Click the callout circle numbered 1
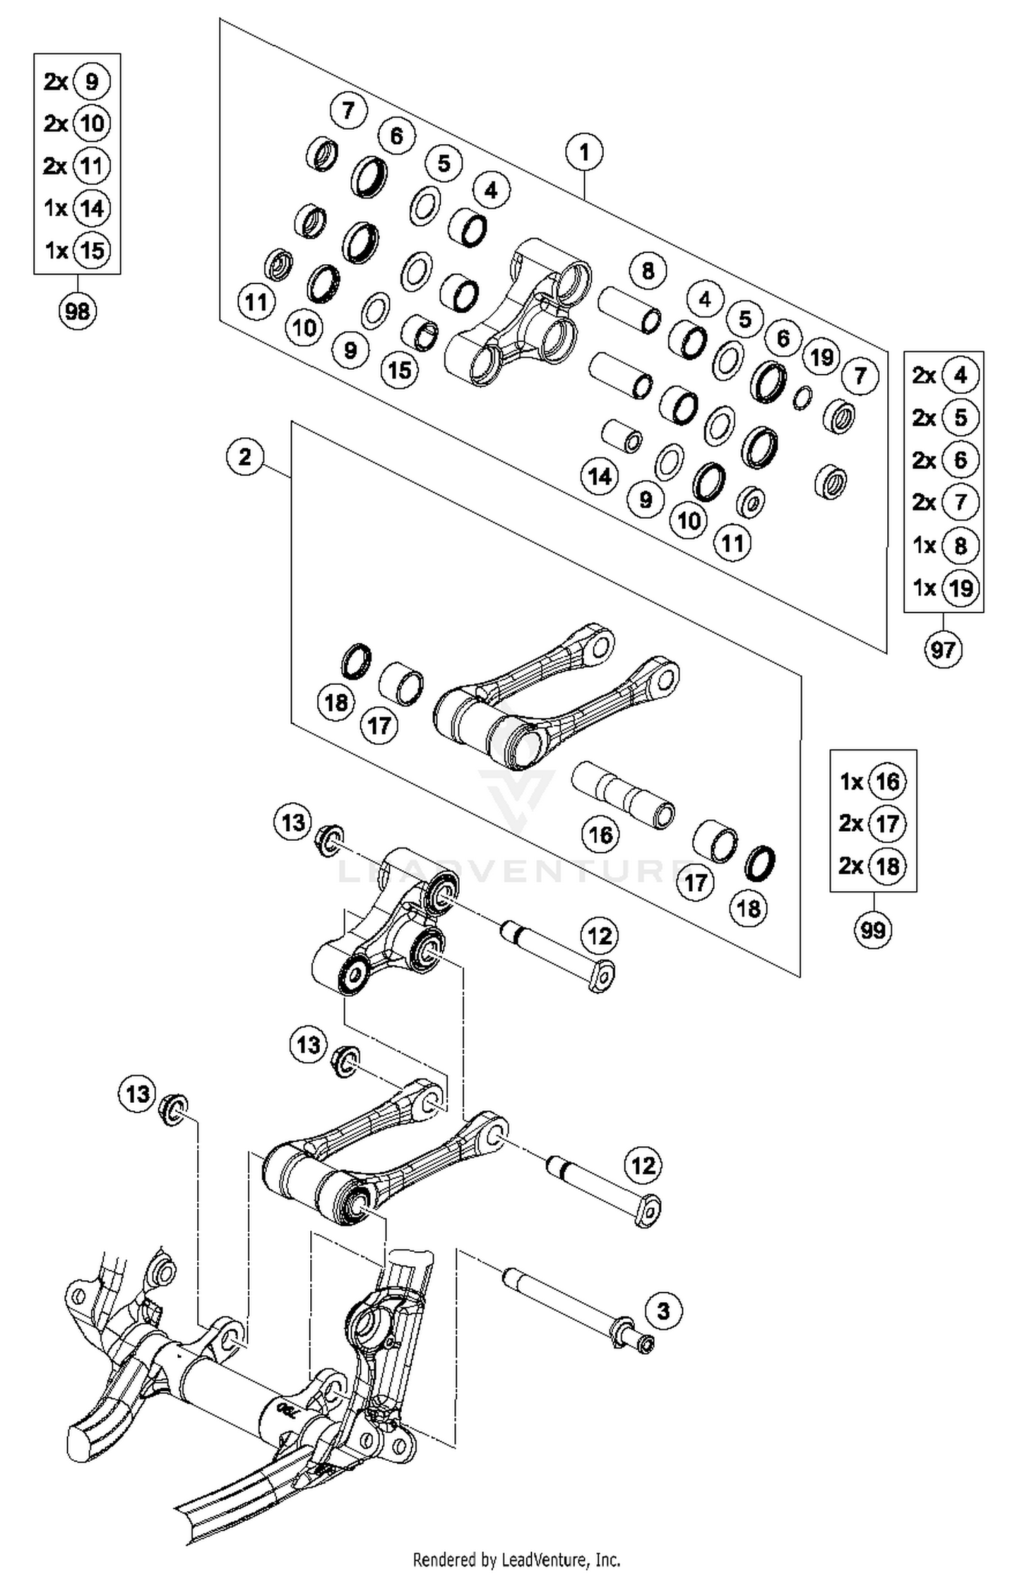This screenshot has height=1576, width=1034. click(584, 152)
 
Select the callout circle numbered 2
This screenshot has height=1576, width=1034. click(245, 457)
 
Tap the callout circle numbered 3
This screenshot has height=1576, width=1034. click(663, 1310)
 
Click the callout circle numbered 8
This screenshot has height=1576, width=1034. click(647, 270)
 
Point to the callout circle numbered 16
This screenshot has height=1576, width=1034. click(600, 835)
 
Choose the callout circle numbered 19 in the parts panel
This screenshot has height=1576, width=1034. click(822, 357)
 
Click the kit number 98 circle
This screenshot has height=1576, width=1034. click(77, 311)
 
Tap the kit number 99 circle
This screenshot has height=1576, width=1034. click(873, 930)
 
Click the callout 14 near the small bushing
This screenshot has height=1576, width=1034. click(599, 476)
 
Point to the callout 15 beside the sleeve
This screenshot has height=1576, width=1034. click(400, 370)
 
